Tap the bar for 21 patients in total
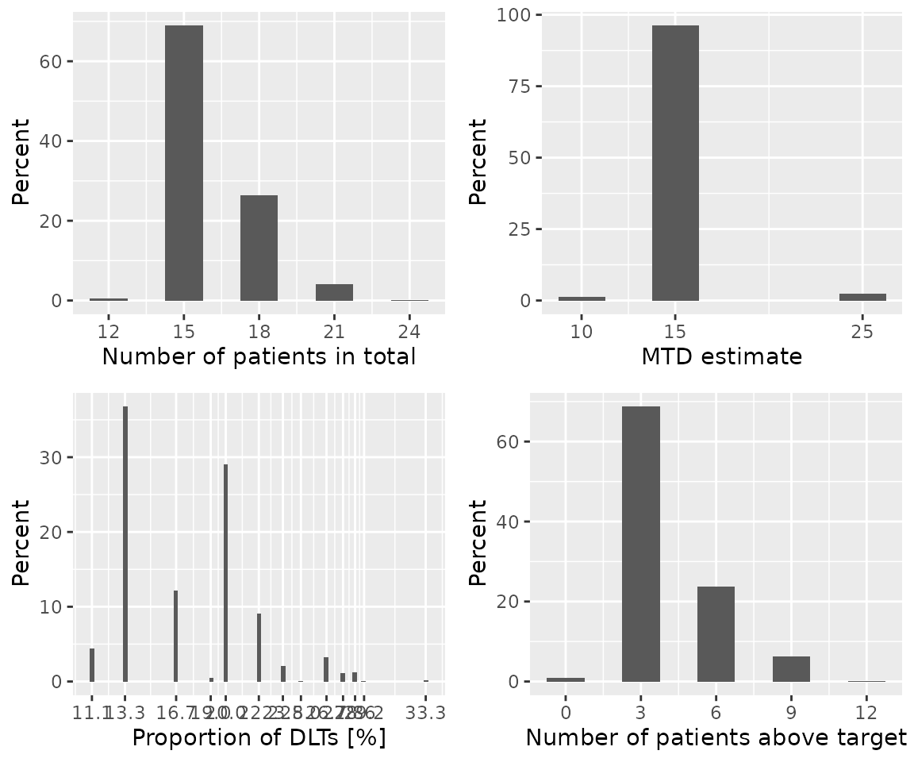[x=334, y=292]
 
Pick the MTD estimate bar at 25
[x=862, y=297]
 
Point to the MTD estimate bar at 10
[x=582, y=298]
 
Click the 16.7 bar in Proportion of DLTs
[x=175, y=636]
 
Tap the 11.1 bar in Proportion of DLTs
[x=92, y=665]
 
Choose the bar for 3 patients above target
[x=640, y=544]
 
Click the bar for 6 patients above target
[x=716, y=633]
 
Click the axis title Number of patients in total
[x=259, y=357]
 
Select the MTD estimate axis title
[x=721, y=357]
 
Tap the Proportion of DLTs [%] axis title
[x=259, y=738]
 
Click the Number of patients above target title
[x=716, y=738]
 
